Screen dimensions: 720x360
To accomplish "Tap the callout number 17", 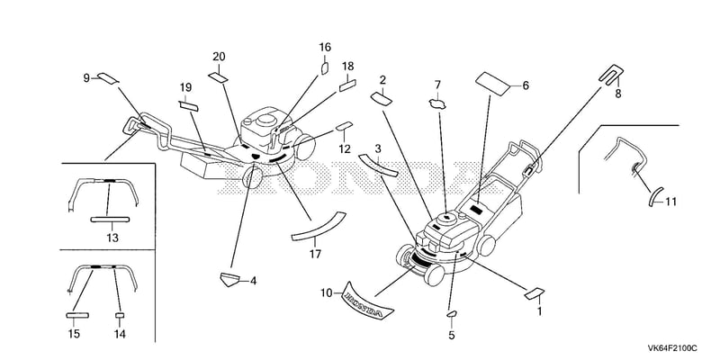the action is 315,254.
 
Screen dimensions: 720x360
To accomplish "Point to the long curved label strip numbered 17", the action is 319,226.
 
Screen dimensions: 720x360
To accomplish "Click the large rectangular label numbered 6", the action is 492,84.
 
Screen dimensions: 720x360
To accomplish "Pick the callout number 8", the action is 618,94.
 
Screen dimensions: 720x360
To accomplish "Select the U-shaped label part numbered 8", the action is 612,74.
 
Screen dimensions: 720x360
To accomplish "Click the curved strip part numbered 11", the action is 654,197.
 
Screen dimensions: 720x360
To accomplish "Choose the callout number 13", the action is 112,238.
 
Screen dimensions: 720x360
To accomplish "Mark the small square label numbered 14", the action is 120,316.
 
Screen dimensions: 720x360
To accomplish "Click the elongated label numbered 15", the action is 77,316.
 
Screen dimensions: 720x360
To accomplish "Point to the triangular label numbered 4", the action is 230,279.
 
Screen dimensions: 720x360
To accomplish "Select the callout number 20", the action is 219,57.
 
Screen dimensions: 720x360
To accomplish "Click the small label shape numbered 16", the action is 324,68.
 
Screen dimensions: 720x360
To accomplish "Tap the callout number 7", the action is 437,85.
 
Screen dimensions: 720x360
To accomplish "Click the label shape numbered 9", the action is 108,77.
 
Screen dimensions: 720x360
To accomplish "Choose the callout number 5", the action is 452,336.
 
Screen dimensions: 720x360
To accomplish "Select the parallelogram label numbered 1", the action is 534,293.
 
